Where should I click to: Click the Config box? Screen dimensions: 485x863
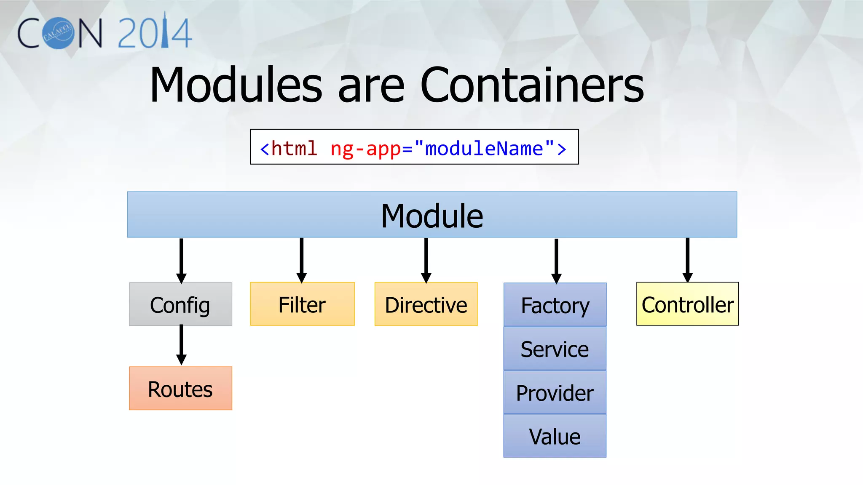pyautogui.click(x=180, y=304)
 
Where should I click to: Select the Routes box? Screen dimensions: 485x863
pyautogui.click(x=180, y=388)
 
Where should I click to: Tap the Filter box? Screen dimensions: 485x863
pyautogui.click(x=302, y=304)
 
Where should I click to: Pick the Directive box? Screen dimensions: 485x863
pyautogui.click(x=426, y=304)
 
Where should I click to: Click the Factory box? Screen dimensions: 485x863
pyautogui.click(x=555, y=305)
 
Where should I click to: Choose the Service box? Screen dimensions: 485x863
pyautogui.click(x=555, y=349)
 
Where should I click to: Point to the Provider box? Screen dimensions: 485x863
pyautogui.click(x=555, y=392)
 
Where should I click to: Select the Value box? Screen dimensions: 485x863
pyautogui.click(x=555, y=436)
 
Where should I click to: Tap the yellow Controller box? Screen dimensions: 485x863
pyautogui.click(x=687, y=304)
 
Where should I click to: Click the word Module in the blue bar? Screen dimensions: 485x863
pyautogui.click(x=432, y=216)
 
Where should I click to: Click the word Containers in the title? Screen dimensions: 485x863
pyautogui.click(x=532, y=85)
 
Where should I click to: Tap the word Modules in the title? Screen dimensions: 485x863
pyautogui.click(x=236, y=85)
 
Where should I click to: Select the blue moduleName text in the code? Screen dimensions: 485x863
pyautogui.click(x=484, y=149)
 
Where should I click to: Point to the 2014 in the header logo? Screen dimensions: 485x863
pyautogui.click(x=155, y=32)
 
